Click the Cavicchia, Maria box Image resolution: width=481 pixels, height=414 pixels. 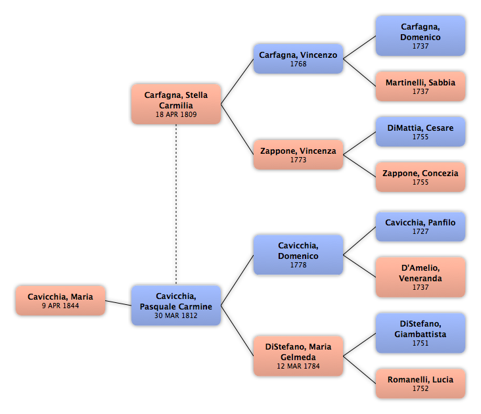pyautogui.click(x=60, y=300)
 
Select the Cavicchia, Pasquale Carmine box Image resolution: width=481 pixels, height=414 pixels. pyautogui.click(x=176, y=306)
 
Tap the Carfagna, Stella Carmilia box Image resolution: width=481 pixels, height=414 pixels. pyautogui.click(x=176, y=104)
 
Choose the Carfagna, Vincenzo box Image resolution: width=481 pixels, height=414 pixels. pyautogui.click(x=298, y=59)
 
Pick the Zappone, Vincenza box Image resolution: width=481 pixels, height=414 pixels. pyautogui.click(x=298, y=155)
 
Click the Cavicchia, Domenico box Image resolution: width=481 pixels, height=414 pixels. pyautogui.click(x=298, y=255)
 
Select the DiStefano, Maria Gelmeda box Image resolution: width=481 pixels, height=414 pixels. pyautogui.click(x=298, y=356)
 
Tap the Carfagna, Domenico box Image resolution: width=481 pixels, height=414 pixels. pyautogui.click(x=421, y=36)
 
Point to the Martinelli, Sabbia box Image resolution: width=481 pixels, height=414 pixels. pyautogui.click(x=421, y=87)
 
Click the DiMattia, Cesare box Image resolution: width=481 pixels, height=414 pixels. pyautogui.click(x=421, y=132)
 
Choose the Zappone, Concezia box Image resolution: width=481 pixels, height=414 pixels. pyautogui.click(x=421, y=177)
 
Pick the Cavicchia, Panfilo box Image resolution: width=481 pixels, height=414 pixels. pyautogui.click(x=421, y=226)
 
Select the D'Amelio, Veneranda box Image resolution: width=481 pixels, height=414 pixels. pyautogui.click(x=421, y=277)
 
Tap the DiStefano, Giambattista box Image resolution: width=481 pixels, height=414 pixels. pyautogui.click(x=421, y=333)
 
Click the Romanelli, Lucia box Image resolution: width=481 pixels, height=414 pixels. pyautogui.click(x=421, y=384)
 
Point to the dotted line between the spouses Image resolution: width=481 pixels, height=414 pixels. pyautogui.click(x=176, y=205)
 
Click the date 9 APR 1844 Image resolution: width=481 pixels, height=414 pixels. pyautogui.click(x=60, y=306)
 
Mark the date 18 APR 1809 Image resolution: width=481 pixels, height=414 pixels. pyautogui.click(x=176, y=114)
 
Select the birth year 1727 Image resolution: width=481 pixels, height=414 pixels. pyautogui.click(x=421, y=231)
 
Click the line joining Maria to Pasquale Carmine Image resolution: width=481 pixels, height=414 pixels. pyautogui.click(x=118, y=303)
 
